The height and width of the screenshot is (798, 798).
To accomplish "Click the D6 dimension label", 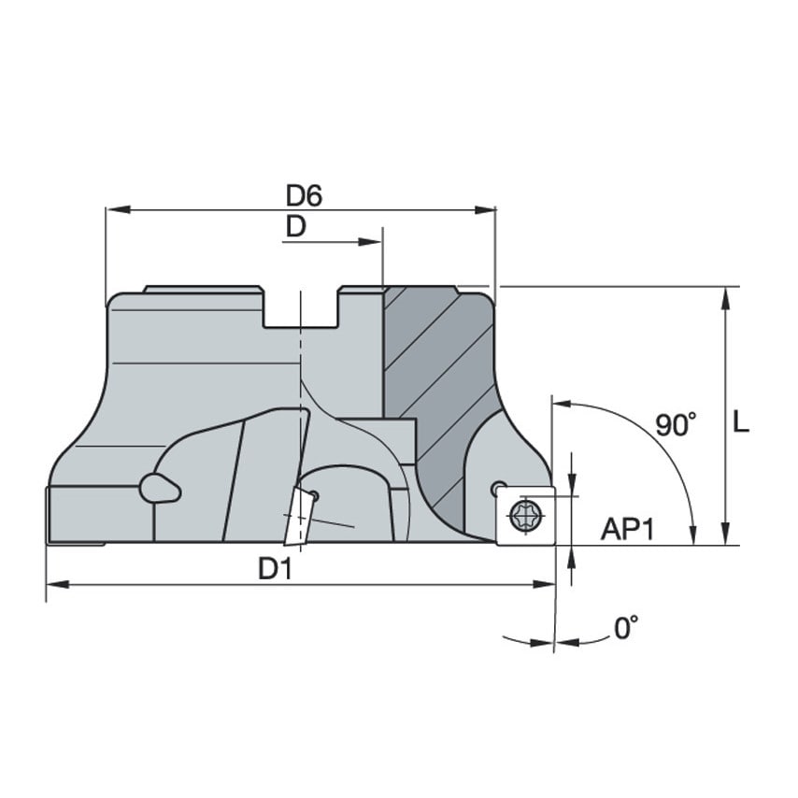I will [x=304, y=195].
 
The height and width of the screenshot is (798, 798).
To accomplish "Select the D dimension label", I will [x=295, y=227].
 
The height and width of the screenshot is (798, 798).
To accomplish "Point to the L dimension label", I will [x=741, y=422].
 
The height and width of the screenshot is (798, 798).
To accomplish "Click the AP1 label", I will [x=627, y=530].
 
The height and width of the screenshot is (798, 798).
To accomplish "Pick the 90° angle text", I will [x=676, y=425].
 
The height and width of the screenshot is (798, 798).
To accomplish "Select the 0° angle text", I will [x=627, y=628].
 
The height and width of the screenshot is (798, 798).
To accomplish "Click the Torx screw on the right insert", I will [x=525, y=514].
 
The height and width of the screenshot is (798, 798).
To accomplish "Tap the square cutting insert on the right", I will [x=525, y=515].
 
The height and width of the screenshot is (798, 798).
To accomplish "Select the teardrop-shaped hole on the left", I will [x=158, y=488].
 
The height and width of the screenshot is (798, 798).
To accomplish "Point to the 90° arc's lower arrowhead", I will [x=691, y=533].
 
